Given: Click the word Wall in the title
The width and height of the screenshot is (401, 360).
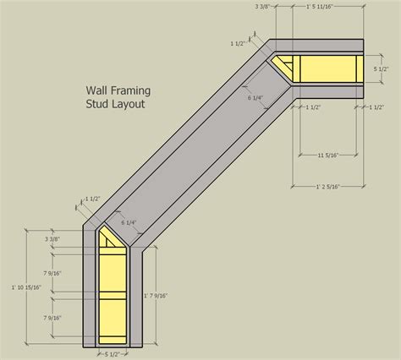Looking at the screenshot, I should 98,87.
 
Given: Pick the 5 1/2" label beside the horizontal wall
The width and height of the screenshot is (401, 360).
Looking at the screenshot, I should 382,69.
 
